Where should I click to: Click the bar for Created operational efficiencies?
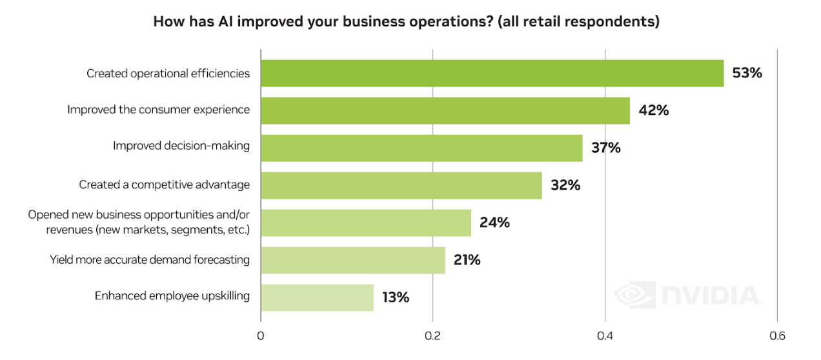(x=492, y=73)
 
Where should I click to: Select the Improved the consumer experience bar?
(x=445, y=110)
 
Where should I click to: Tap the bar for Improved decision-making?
(x=421, y=148)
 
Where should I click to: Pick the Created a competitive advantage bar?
(x=401, y=185)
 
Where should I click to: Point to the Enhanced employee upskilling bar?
(x=317, y=297)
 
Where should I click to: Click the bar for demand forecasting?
(x=352, y=260)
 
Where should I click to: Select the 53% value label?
(x=747, y=73)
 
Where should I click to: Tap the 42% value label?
(x=653, y=110)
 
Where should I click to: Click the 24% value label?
(x=494, y=223)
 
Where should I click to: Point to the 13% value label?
(x=395, y=297)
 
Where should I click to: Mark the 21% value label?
(x=466, y=260)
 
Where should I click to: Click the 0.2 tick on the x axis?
(x=432, y=336)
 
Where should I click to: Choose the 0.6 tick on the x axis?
(x=776, y=336)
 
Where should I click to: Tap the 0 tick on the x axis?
(x=261, y=336)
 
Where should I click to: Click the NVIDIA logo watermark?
(x=687, y=295)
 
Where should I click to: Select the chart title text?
(x=406, y=21)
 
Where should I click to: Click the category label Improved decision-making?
(x=181, y=146)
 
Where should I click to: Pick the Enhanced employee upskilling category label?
(x=172, y=295)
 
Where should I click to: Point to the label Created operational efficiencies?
(x=168, y=74)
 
